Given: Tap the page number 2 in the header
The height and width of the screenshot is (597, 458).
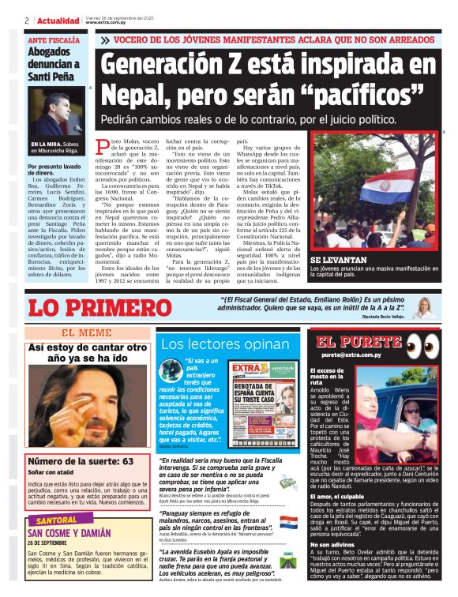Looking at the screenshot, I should point(27,21).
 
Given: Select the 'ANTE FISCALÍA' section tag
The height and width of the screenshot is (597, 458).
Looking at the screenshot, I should point(53,39).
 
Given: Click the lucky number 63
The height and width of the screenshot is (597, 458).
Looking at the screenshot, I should point(126,460).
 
